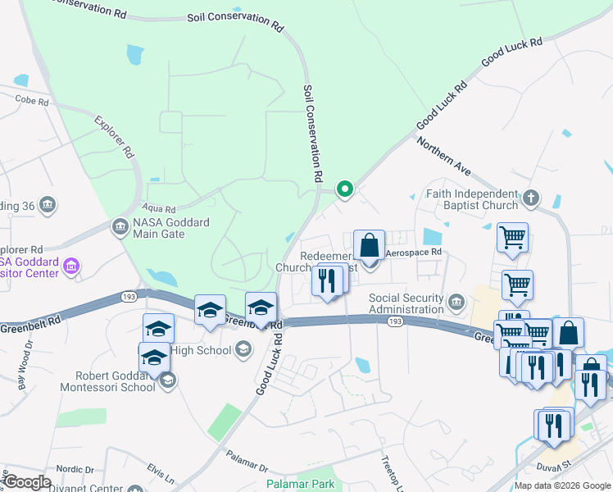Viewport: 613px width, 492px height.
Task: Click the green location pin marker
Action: point(345,189)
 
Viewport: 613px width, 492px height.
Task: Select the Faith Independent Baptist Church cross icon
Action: point(530,198)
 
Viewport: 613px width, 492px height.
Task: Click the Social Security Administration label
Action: point(406,303)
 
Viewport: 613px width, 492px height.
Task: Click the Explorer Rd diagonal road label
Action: point(114,136)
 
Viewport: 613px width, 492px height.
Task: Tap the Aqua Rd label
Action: point(159,209)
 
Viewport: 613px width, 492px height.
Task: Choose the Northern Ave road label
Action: point(443,156)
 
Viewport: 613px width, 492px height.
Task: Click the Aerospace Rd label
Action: point(414,253)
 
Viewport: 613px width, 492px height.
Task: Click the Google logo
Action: point(27,482)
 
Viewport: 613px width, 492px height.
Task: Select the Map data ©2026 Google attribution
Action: point(562,485)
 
